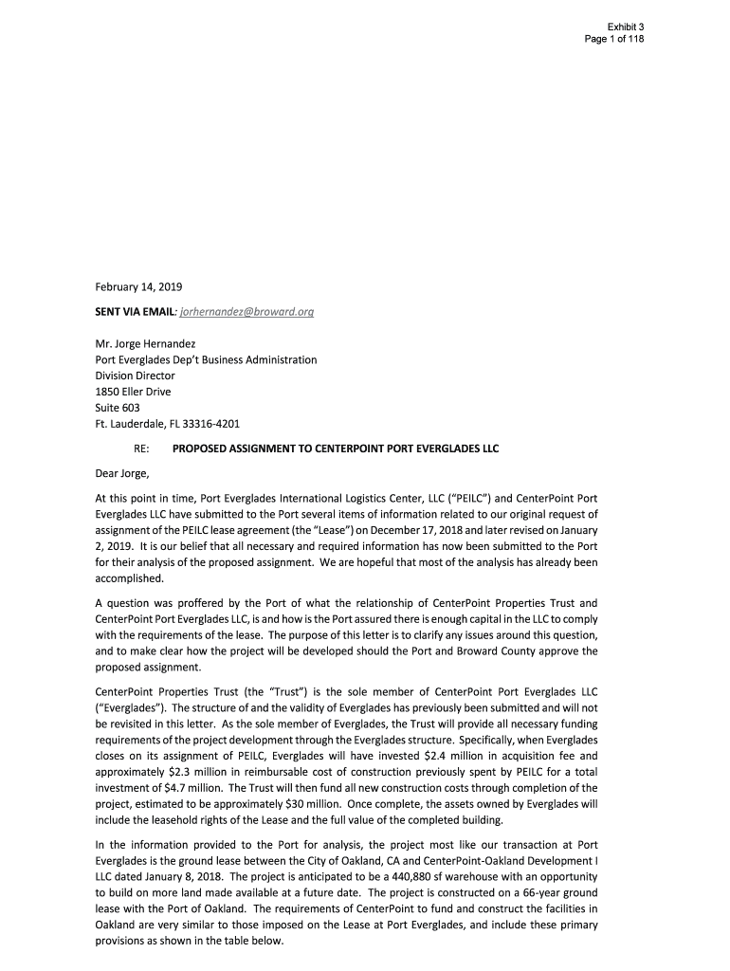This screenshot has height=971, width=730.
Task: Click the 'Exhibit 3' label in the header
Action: (x=626, y=26)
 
